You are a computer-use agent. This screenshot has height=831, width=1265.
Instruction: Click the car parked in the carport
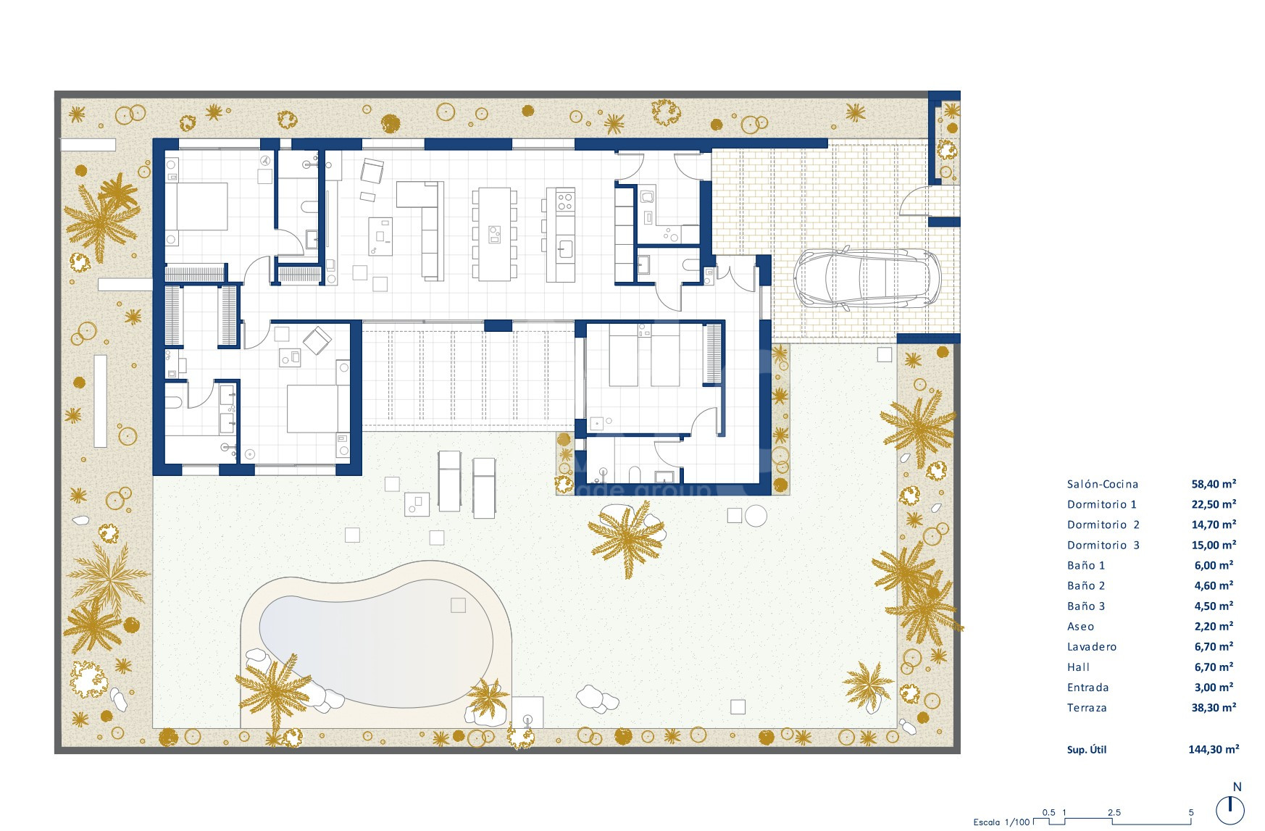[x=867, y=279]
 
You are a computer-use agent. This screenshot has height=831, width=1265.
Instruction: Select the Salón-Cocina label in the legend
[x=1102, y=484]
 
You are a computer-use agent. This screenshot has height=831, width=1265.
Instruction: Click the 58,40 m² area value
[x=1214, y=484]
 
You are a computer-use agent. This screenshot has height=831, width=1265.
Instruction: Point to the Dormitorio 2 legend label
[x=1103, y=525]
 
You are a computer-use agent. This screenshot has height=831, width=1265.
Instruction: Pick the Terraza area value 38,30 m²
[x=1214, y=708]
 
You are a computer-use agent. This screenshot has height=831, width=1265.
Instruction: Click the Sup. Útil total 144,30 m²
[x=1214, y=750]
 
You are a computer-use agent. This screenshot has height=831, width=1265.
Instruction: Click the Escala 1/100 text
[x=1001, y=822]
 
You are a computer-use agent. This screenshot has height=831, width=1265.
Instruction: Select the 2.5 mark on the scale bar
[x=1114, y=813]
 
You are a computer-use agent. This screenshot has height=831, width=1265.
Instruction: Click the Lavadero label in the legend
[x=1091, y=647]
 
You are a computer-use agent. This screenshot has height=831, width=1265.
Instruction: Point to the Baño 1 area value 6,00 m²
[x=1214, y=566]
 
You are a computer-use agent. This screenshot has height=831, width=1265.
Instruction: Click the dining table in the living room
[x=495, y=234]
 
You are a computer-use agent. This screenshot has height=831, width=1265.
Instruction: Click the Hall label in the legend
[x=1078, y=667]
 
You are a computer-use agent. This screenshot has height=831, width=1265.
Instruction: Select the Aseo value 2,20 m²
[x=1214, y=627]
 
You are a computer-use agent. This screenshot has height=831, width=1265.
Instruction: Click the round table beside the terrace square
[x=756, y=516]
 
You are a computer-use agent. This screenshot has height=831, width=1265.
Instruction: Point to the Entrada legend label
[x=1087, y=688]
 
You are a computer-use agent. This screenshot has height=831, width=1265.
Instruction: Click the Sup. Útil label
[x=1086, y=750]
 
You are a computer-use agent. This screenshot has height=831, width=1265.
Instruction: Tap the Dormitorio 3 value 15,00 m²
[x=1214, y=546]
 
